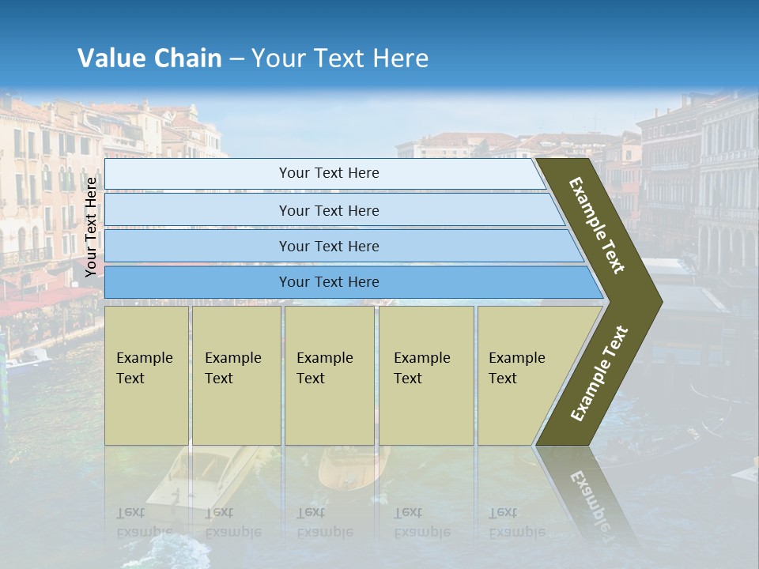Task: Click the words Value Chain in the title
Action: pyautogui.click(x=149, y=58)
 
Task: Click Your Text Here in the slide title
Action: pyautogui.click(x=340, y=58)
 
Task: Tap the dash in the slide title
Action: pyautogui.click(x=236, y=59)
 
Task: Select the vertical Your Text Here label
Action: pyautogui.click(x=92, y=228)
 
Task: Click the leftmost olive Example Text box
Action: pyautogui.click(x=146, y=375)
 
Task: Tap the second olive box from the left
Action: pyautogui.click(x=236, y=375)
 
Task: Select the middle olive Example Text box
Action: pyautogui.click(x=329, y=375)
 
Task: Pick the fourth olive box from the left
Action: pyautogui.click(x=426, y=375)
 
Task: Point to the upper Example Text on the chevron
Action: pyautogui.click(x=597, y=225)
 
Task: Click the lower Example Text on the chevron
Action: pyautogui.click(x=599, y=374)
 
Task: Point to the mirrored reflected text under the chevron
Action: pyautogui.click(x=589, y=498)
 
